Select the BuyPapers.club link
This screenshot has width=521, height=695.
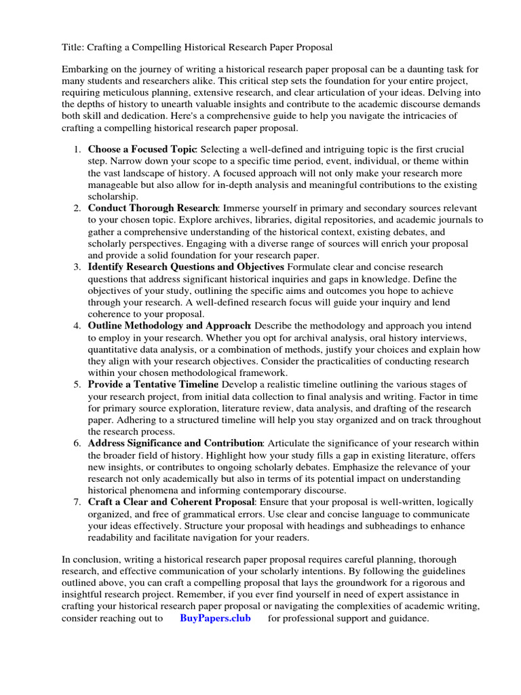[x=215, y=618]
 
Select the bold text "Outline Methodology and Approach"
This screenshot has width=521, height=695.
[x=170, y=326]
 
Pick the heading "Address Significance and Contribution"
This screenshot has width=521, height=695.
[x=174, y=443]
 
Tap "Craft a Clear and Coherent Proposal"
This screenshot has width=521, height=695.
[x=171, y=502]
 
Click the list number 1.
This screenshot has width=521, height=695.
[x=77, y=149]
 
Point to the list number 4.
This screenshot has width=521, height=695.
[x=77, y=326]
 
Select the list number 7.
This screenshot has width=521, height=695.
[x=77, y=502]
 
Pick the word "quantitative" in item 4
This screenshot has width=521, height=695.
[x=115, y=350]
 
